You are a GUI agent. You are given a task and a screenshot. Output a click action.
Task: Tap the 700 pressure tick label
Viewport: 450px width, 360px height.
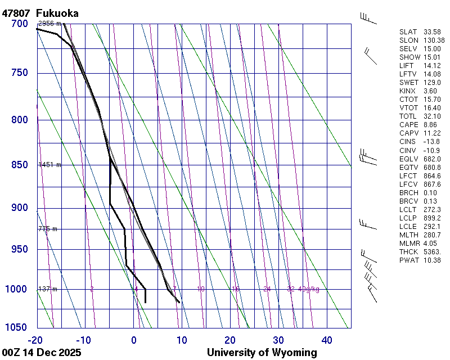19,24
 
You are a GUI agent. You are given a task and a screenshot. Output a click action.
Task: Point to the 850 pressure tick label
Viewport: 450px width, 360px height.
19,165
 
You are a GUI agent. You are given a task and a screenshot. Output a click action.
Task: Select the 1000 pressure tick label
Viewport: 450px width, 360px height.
17,289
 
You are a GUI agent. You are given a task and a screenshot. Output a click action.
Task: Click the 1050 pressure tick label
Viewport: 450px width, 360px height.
17,327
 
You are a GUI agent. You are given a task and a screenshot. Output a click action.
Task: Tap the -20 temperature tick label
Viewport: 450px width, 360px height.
35,340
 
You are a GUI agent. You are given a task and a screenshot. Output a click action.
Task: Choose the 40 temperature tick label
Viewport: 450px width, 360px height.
327,340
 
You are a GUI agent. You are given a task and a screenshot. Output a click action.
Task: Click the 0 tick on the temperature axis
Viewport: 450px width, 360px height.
134,340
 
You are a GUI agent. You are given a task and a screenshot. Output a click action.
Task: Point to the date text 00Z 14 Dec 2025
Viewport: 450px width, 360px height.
42,353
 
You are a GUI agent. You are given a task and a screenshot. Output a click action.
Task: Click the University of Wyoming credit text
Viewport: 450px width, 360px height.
262,353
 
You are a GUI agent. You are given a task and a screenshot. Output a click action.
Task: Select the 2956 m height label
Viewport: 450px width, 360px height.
49,24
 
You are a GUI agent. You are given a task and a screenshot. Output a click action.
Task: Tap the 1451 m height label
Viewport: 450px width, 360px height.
49,165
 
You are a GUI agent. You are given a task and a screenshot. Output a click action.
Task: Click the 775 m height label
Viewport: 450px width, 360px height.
48,229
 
